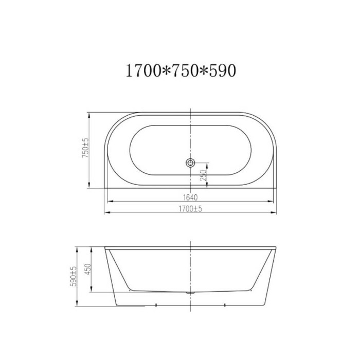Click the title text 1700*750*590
pyautogui.click(x=181, y=70)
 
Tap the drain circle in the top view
pyautogui.click(x=190, y=163)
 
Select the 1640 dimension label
pyautogui.click(x=190, y=197)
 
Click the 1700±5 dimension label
pyautogui.click(x=190, y=209)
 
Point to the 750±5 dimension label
pyautogui.click(x=85, y=148)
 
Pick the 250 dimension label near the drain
pyautogui.click(x=204, y=175)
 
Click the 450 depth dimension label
pyautogui.click(x=88, y=269)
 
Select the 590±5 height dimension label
pyautogui.click(x=73, y=277)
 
